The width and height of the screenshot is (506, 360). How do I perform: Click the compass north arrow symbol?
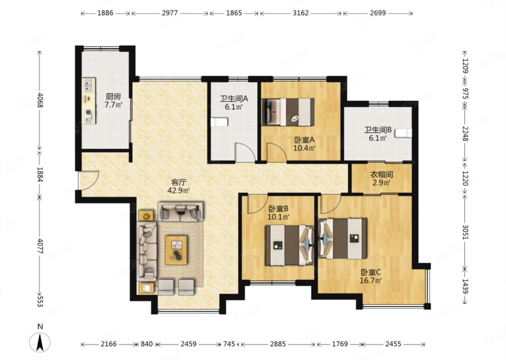pos(40,342)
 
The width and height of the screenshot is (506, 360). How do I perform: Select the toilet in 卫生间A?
pos(219,122)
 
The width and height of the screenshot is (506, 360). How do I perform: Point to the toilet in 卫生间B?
pos(403,133)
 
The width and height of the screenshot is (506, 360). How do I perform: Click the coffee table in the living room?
pos(176,250)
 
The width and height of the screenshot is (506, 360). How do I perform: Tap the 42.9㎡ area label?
pos(179,191)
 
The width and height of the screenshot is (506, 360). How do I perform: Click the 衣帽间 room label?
pos(382,174)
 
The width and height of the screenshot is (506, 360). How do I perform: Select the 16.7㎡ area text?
pos(371,281)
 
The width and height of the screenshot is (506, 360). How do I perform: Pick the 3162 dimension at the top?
pos(301,13)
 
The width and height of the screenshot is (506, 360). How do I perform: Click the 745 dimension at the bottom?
pos(229,344)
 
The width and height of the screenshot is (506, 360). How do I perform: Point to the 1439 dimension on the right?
pos(465,286)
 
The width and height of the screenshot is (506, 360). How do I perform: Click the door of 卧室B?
pos(257,204)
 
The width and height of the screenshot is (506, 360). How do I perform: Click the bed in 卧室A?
pos(288,112)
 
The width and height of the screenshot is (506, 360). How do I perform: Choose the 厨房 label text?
pos(113,97)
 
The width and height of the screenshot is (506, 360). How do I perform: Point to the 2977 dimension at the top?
pos(170,13)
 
